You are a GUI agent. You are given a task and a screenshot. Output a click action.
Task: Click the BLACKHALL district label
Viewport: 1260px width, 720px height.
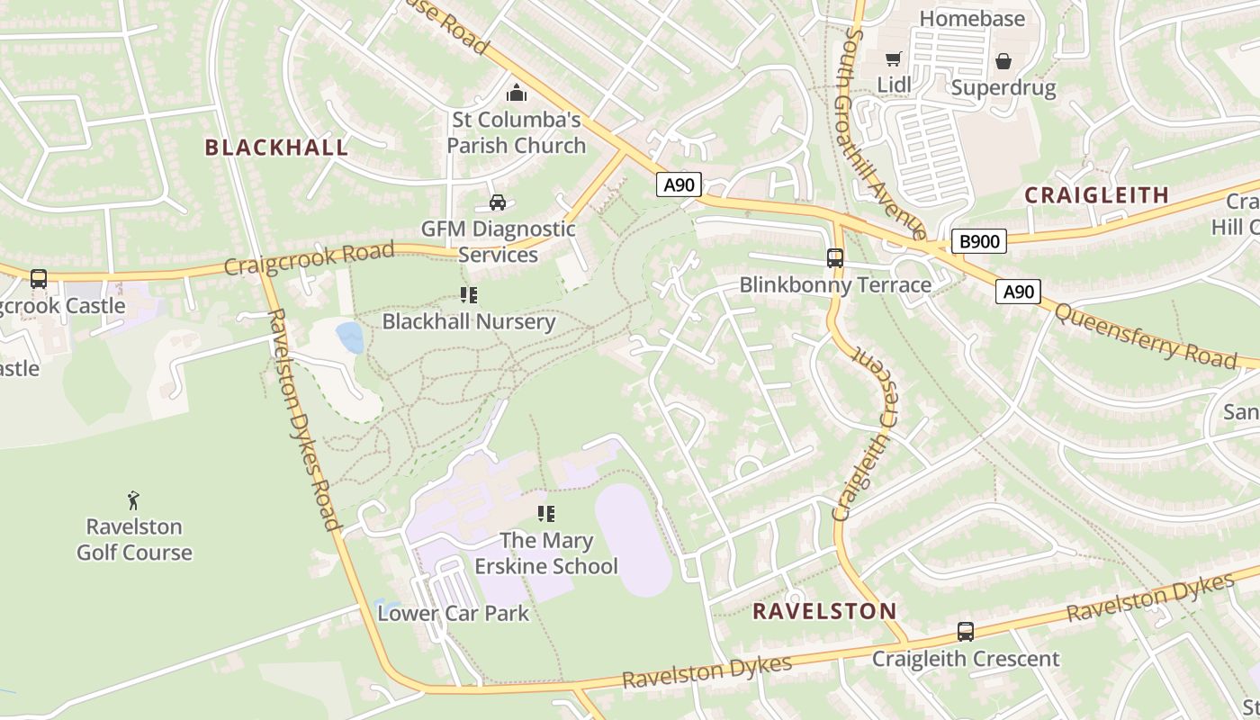pyautogui.click(x=276, y=148)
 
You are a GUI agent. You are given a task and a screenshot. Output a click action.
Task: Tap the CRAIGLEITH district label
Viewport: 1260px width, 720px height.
pyautogui.click(x=1096, y=194)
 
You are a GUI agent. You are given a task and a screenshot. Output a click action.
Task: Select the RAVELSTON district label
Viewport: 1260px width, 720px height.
pyautogui.click(x=824, y=611)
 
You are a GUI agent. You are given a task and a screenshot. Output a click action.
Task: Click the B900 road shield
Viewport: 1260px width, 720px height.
pyautogui.click(x=978, y=241)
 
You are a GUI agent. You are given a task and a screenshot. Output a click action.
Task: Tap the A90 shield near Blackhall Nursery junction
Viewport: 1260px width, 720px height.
pyautogui.click(x=678, y=184)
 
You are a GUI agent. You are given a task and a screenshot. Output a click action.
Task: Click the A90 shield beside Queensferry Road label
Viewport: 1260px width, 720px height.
pyautogui.click(x=1018, y=291)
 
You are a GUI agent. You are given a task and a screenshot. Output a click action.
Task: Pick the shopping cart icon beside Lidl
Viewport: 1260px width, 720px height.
pyautogui.click(x=893, y=59)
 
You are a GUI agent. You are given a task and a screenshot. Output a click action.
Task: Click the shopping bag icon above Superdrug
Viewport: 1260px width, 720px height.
pyautogui.click(x=1003, y=61)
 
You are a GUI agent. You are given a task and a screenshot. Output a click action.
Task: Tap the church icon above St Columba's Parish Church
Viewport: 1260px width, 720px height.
pyautogui.click(x=517, y=93)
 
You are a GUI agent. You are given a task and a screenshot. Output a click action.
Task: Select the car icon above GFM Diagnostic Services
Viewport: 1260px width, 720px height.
pyautogui.click(x=497, y=202)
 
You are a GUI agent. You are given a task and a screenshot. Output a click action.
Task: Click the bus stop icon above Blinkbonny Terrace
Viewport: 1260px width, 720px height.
pyautogui.click(x=834, y=258)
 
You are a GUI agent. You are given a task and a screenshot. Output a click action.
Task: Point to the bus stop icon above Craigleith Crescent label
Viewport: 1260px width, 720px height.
pyautogui.click(x=965, y=632)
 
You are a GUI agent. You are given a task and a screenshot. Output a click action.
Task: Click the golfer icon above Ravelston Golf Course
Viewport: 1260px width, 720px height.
pyautogui.click(x=133, y=500)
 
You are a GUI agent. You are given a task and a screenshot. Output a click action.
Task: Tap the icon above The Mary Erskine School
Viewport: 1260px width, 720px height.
pyautogui.click(x=545, y=514)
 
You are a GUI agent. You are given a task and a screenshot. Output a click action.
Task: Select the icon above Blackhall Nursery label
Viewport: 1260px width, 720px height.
pyautogui.click(x=468, y=294)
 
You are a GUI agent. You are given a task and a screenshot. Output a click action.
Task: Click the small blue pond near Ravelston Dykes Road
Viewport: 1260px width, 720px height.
pyautogui.click(x=350, y=337)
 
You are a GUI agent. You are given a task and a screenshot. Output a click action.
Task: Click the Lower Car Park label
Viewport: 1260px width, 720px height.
pyautogui.click(x=453, y=614)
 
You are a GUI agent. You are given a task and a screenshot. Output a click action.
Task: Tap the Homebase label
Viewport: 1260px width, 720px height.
pyautogui.click(x=972, y=18)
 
